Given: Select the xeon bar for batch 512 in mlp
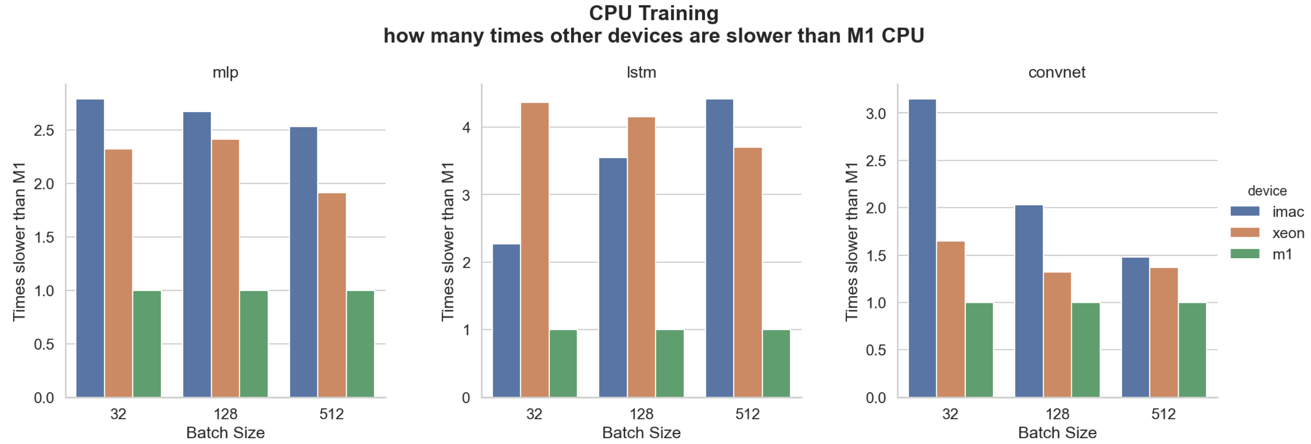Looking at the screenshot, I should tap(332, 295).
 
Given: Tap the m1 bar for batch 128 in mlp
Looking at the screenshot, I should tap(254, 344).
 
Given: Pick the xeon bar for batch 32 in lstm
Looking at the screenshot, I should tap(534, 250).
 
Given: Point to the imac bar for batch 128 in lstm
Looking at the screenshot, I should tap(613, 278).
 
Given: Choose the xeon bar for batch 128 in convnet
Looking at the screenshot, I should tap(1057, 335).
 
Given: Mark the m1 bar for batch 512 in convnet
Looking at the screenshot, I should tap(1192, 350).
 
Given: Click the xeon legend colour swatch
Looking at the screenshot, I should tap(1245, 232).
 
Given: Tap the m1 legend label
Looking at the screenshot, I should tap(1282, 254).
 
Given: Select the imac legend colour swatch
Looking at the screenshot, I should tap(1245, 211).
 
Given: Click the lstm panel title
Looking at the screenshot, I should tap(641, 72).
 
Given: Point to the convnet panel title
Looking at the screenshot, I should tap(1057, 72).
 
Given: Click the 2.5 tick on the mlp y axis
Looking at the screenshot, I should tap(44, 130).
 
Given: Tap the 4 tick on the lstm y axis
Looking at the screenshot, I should tap(466, 127).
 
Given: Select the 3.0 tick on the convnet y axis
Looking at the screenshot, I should tap(875, 114).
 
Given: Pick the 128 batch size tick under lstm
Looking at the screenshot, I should tap(641, 414).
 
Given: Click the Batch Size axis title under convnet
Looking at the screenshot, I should tap(1057, 432).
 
